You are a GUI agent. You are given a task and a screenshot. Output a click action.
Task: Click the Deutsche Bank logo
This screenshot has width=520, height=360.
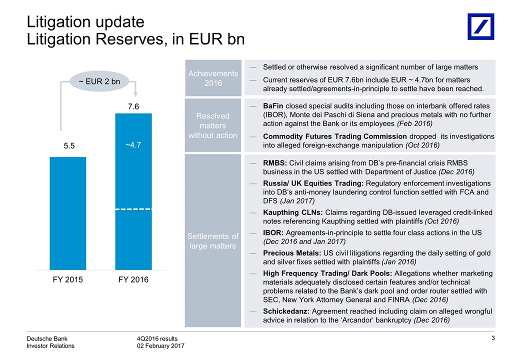[480, 26]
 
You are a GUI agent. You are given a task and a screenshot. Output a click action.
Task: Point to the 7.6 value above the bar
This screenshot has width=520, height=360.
[133, 106]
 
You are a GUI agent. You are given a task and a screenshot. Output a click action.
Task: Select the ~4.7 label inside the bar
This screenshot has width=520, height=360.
[133, 145]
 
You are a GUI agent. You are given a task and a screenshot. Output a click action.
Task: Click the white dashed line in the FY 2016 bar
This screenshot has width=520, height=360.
[133, 209]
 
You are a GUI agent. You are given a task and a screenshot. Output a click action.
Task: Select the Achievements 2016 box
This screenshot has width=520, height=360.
[213, 78]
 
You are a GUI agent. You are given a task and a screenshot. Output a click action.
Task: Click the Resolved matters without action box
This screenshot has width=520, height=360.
[213, 125]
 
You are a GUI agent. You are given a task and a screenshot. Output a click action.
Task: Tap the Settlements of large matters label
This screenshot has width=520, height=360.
[213, 240]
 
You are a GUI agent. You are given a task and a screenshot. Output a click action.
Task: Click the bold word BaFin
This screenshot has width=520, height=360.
[274, 106]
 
